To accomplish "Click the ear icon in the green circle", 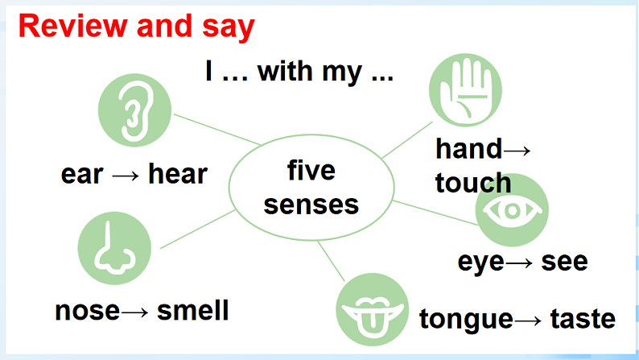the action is [x=135, y=110].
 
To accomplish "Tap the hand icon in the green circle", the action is [x=465, y=90].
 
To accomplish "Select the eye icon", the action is [x=513, y=210].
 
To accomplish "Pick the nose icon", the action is [x=114, y=248].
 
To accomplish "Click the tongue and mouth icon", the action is [x=372, y=309].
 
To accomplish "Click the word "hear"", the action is [x=178, y=174].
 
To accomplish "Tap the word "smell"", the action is [x=193, y=310].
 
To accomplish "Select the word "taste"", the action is [x=583, y=318].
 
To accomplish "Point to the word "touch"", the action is [x=473, y=182].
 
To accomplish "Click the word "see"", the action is [x=564, y=262].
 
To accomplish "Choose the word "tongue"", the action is [x=466, y=320].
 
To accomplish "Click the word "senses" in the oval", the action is [x=311, y=205].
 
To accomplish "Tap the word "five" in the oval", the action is [x=311, y=170].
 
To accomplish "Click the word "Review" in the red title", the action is [x=73, y=27].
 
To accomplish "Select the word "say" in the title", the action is [x=229, y=28].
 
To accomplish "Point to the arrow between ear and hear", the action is [x=126, y=176].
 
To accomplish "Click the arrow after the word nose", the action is [x=134, y=312].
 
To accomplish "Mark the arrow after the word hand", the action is [x=517, y=151].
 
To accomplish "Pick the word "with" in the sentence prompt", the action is [x=286, y=72].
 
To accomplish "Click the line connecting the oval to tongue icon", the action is [x=332, y=261].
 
